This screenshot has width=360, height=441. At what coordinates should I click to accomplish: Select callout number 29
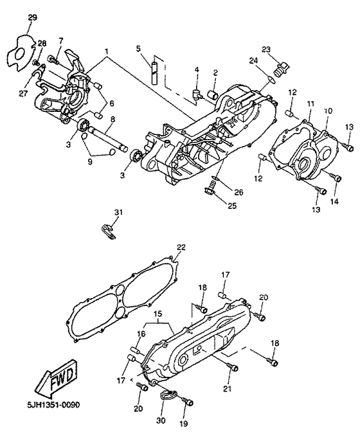[33, 16]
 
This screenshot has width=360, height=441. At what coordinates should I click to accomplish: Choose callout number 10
[327, 111]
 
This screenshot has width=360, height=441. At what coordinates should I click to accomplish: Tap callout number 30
[161, 420]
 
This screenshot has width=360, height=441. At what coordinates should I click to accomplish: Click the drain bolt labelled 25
[210, 188]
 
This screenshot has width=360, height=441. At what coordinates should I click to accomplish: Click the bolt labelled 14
[335, 175]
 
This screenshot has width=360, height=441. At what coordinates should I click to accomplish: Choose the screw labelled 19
[188, 402]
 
